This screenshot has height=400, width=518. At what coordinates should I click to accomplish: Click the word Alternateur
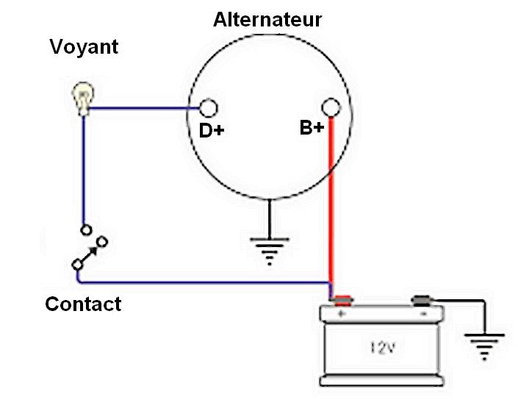click(267, 20)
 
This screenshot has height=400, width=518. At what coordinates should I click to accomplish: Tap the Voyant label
click(84, 48)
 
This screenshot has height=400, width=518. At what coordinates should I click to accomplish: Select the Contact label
click(83, 304)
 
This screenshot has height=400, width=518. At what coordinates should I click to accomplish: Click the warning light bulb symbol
click(82, 99)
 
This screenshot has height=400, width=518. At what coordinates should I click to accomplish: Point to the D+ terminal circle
click(209, 109)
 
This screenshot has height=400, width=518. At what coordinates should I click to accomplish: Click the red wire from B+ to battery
click(331, 206)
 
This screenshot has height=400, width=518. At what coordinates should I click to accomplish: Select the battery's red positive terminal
click(341, 300)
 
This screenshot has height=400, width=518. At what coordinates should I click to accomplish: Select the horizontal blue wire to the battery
click(206, 282)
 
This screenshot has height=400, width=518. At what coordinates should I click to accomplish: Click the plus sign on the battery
click(341, 314)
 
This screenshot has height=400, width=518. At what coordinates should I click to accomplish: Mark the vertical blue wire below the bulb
click(84, 169)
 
